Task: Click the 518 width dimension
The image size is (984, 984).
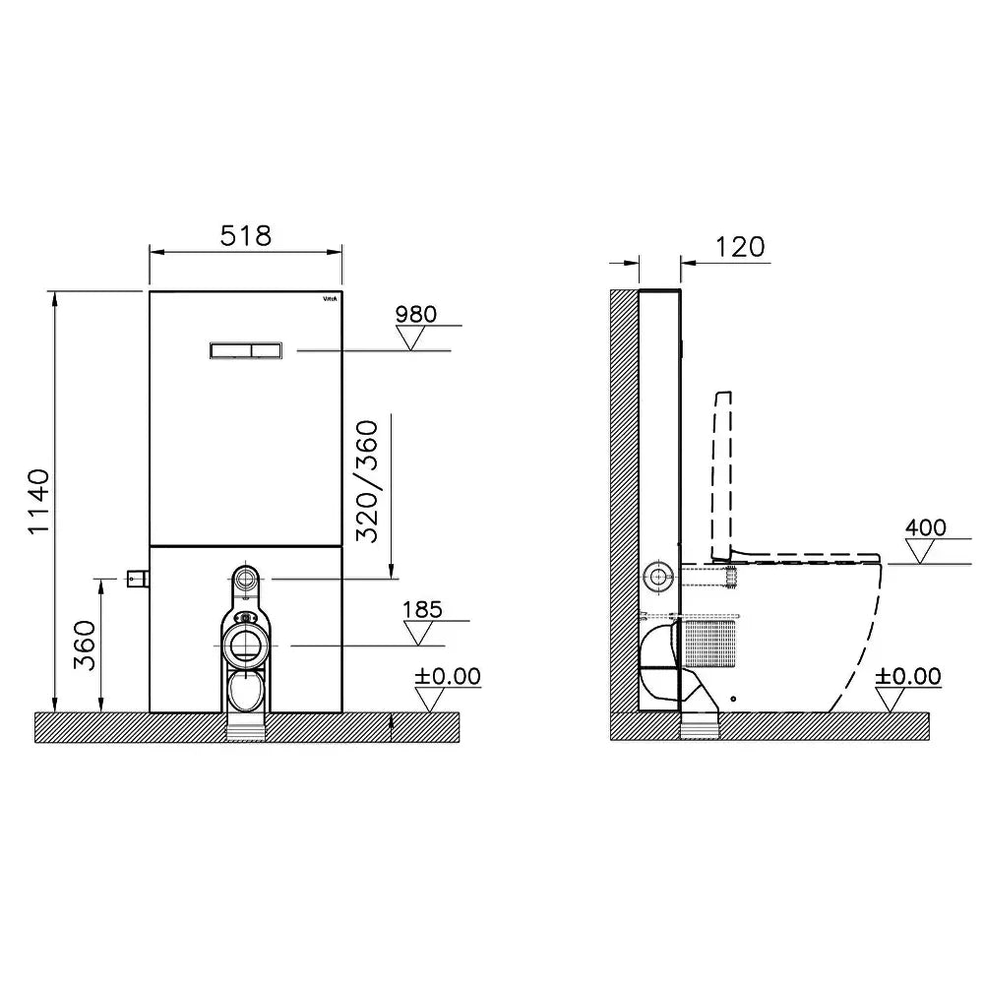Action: click(x=246, y=236)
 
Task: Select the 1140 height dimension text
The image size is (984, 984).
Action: click(x=39, y=502)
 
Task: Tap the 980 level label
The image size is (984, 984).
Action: click(x=416, y=314)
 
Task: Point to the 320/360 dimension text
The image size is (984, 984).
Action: click(x=367, y=481)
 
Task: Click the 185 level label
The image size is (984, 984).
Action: click(x=422, y=609)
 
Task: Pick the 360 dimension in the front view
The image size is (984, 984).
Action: click(x=85, y=646)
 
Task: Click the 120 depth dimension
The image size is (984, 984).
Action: click(x=741, y=247)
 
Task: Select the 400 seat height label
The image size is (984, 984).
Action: click(x=926, y=527)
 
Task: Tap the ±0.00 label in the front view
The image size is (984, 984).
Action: click(x=448, y=676)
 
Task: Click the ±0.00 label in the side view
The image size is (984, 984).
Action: click(x=908, y=676)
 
